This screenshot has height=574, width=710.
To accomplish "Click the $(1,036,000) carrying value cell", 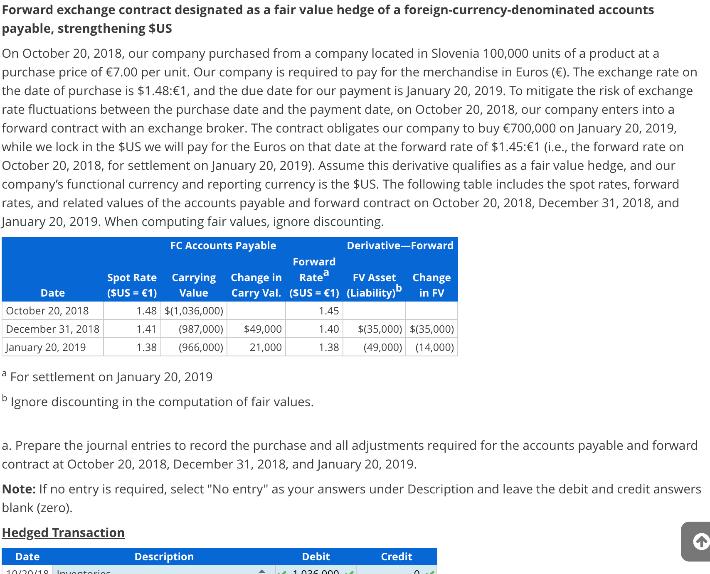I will coord(194,311).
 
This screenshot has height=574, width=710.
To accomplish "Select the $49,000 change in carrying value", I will coord(262,329).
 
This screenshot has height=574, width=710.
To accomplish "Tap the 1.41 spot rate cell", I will coord(146,329).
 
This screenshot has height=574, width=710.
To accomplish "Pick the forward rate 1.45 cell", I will coord(328,311).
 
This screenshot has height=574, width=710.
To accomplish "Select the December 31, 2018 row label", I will coord(53,329).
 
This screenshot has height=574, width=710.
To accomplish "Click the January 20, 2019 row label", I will coord(46,347).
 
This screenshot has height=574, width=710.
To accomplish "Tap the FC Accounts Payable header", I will coord(223,245).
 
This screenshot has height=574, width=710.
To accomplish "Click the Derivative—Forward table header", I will coord(400,245).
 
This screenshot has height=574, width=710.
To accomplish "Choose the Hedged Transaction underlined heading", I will coord(63,532).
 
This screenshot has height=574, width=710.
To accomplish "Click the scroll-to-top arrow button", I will coord(700,541).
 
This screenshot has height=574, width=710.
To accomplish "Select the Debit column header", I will coord(316,557).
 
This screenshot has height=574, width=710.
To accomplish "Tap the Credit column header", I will coord(396,557).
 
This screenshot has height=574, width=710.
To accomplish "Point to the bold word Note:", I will coord(19,489).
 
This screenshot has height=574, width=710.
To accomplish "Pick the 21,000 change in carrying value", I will coord(265,347).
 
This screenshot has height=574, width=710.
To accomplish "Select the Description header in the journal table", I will coord(164,557).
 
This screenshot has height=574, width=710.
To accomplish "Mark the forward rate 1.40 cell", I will coord(328,329).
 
